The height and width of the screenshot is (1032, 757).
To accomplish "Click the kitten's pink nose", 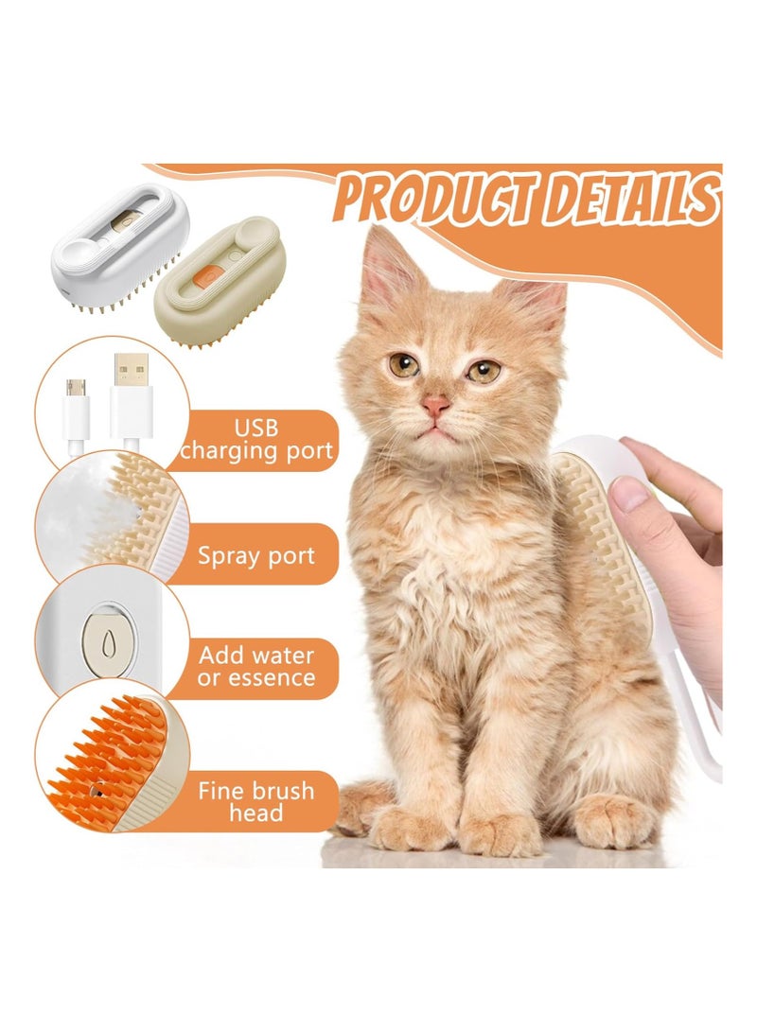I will pos(436,407).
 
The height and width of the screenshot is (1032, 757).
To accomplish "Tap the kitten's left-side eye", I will pos(404,363).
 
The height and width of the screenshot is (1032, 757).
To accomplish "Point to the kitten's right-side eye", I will pos(483,370).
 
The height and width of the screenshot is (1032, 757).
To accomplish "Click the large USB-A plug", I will pos(130,397).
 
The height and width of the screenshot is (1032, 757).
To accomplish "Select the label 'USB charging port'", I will pos(256,439).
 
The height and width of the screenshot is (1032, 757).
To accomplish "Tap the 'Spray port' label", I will pos(255,554).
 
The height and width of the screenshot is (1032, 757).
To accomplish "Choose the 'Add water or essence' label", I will pos(256,666).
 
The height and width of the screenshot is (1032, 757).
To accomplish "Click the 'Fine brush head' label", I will pos(255,800).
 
